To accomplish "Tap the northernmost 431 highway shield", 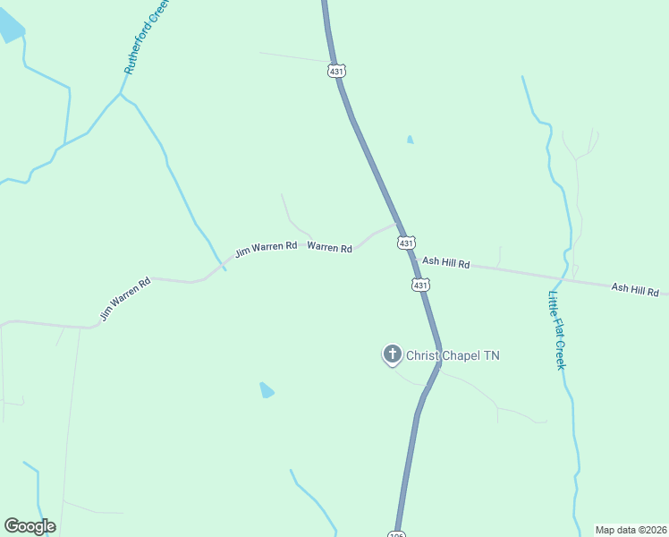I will click(336, 71).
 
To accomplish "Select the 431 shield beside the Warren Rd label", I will click(406, 243).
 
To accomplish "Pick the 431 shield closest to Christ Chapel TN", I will click(420, 285).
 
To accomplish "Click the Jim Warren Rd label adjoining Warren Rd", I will click(266, 248).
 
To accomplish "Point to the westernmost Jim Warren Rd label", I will click(125, 299).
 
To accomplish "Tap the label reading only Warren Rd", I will click(329, 247).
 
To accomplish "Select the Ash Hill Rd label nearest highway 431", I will click(445, 262).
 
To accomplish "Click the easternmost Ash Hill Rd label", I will click(635, 290).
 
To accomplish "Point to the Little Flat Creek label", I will click(557, 330).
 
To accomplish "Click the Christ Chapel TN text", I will click(453, 355).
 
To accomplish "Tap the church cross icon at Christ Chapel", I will click(392, 354).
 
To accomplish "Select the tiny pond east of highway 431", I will click(410, 140).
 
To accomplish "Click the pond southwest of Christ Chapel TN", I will click(267, 390).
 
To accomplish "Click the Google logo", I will click(30, 526).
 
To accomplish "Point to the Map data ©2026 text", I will click(631, 530).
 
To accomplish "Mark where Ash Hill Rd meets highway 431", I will click(412, 258).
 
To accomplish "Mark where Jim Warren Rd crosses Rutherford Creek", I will click(220, 267).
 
